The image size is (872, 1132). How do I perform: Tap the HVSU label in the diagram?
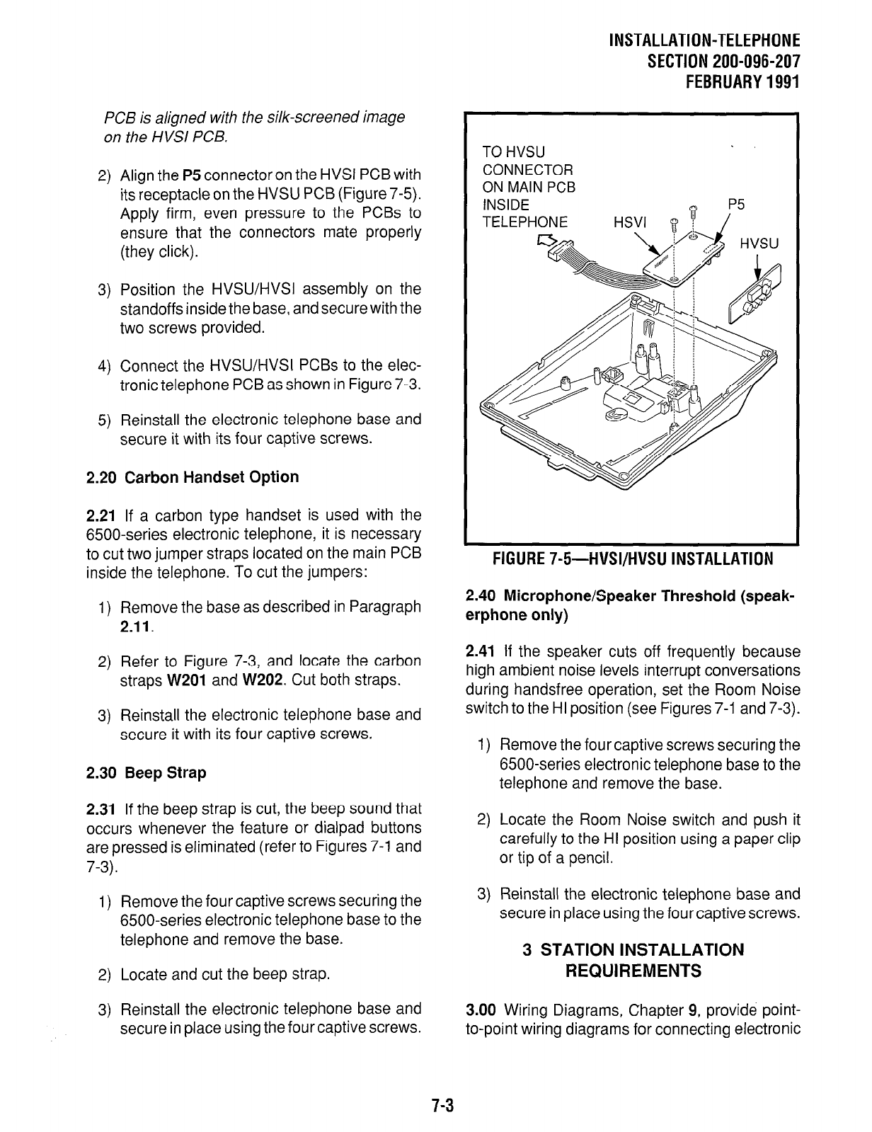point(759,244)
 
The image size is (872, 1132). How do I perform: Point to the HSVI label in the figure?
point(629,222)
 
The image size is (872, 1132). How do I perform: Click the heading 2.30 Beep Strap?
point(147,772)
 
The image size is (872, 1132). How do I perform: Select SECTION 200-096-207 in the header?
point(723,60)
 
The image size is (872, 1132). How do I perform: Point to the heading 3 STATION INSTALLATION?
point(633,949)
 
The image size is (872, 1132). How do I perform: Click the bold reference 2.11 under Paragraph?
point(135,627)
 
